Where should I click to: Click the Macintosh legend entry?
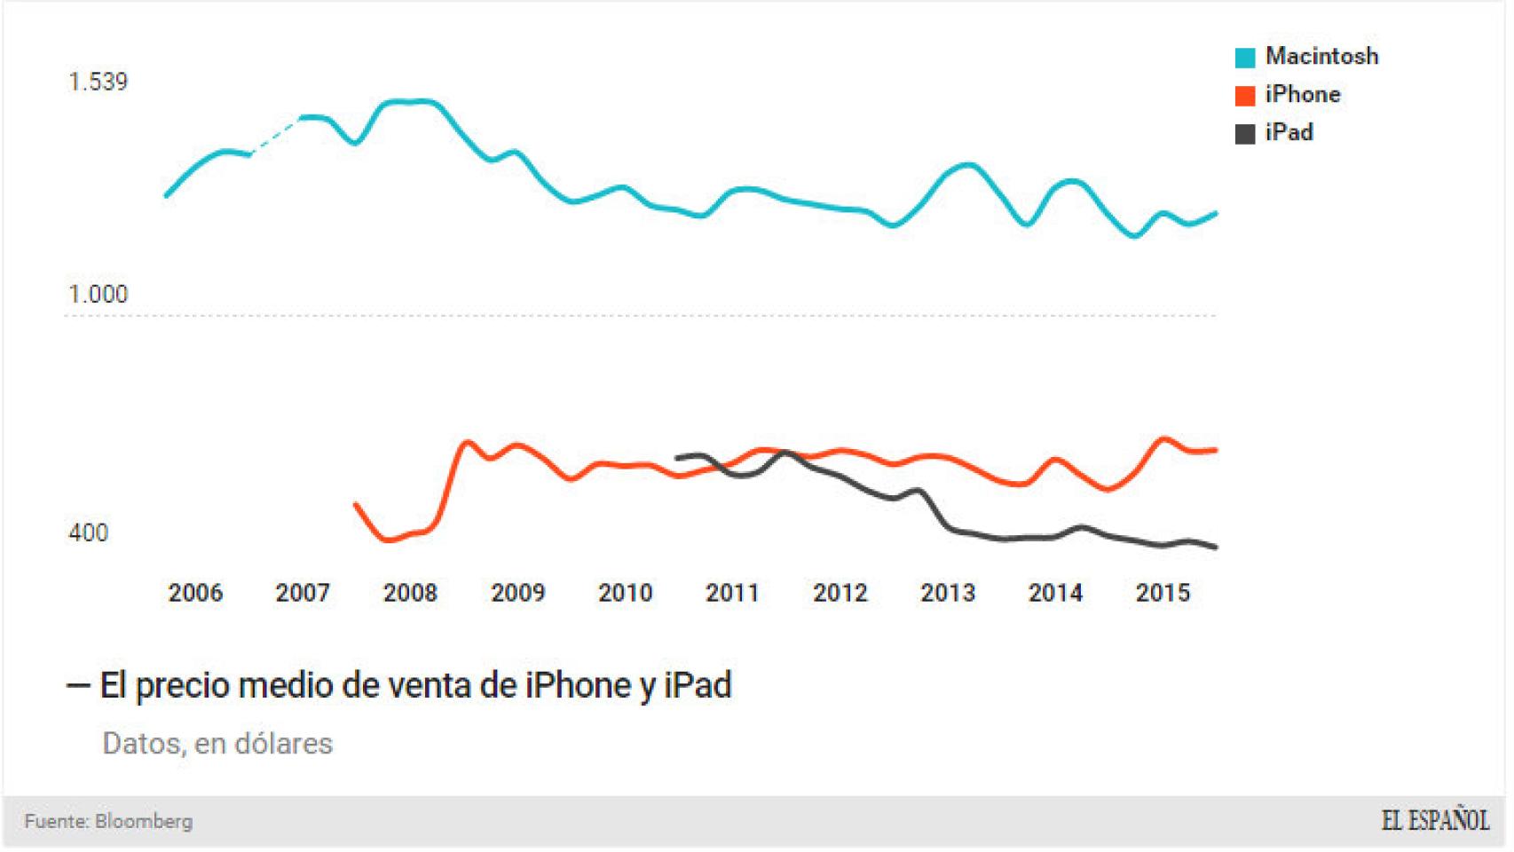coord(1321,57)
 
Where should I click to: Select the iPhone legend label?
coord(1302,95)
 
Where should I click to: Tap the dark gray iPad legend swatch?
coord(1245,134)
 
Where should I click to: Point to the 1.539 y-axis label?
coord(98,83)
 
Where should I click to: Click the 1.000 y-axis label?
coord(98,295)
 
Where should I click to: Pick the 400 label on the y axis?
coord(88,533)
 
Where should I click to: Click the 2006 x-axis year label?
coord(195,593)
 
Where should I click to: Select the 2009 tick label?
coord(517,593)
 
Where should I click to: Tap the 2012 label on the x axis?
coord(840,593)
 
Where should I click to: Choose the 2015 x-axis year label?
coord(1163,593)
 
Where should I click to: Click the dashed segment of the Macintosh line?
coord(276,135)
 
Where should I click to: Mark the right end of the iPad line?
coord(1214,547)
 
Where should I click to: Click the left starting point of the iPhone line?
coord(356,505)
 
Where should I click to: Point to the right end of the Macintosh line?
coord(1214,214)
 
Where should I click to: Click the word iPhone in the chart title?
coord(578,686)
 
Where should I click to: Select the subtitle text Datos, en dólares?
coord(217,744)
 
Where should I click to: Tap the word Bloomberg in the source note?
coord(143,822)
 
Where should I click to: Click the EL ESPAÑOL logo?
coord(1434,821)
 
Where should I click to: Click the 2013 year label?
coord(947,593)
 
